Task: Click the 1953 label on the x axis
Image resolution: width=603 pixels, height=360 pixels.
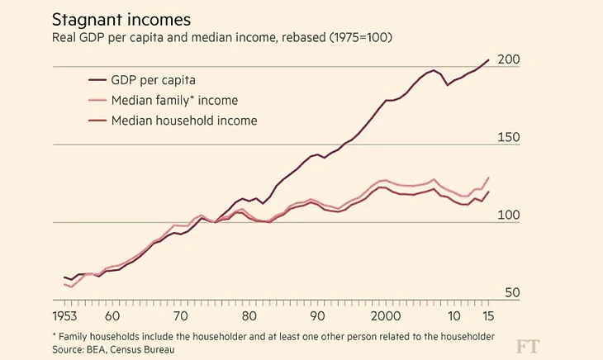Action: (x=65, y=317)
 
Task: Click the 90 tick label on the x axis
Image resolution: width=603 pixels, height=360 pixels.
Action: (x=316, y=317)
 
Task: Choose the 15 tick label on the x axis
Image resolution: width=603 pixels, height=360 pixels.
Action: (x=488, y=317)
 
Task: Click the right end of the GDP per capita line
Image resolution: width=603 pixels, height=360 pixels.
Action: (x=489, y=59)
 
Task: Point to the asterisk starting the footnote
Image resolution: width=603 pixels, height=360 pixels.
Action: (x=54, y=335)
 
